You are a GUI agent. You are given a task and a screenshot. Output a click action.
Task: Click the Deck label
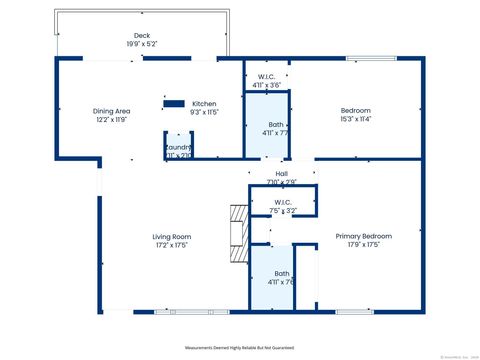[x=142, y=35]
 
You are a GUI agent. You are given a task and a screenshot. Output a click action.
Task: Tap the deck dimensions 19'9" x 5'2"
[x=142, y=44]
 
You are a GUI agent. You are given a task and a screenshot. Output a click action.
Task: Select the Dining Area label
[x=111, y=110]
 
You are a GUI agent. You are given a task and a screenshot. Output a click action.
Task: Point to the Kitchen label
[x=204, y=104]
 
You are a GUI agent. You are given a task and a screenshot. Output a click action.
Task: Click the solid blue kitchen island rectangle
[x=174, y=102]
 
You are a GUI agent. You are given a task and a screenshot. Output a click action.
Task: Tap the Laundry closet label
[x=178, y=148]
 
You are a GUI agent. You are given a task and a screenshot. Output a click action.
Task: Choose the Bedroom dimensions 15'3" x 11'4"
[x=355, y=119]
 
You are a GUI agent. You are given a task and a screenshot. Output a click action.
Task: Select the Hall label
[x=281, y=172]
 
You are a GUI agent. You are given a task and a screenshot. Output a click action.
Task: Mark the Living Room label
[x=171, y=236]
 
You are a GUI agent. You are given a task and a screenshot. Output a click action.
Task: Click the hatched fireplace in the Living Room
[x=238, y=233]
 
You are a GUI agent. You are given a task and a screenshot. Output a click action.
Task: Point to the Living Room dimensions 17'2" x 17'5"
[x=171, y=245]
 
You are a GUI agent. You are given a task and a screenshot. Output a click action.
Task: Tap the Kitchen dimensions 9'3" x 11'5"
[x=204, y=113]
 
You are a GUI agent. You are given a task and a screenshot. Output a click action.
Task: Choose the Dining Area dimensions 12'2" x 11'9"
[x=111, y=119]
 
